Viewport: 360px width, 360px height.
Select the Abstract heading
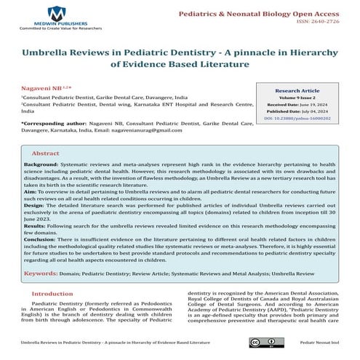[45, 154]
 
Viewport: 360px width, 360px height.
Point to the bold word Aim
[30, 197]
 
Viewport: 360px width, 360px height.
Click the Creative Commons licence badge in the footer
[260, 341]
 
